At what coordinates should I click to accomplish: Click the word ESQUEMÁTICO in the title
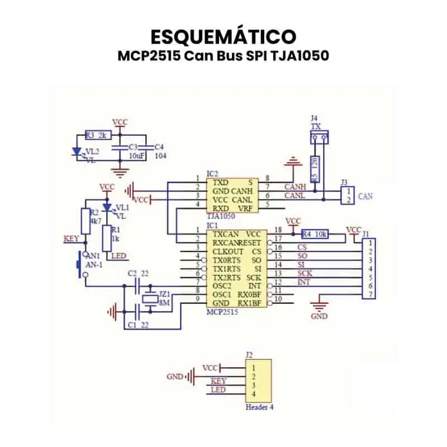coord(223,36)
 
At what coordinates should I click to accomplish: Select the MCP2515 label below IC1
coord(222,312)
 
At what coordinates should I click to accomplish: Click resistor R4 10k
coord(314,234)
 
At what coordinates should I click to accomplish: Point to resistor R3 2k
coord(98,135)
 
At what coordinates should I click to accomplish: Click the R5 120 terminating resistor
coord(316,169)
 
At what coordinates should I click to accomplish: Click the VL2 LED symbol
coord(78,151)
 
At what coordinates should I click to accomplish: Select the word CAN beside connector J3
coord(365,196)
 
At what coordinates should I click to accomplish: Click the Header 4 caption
coord(259,407)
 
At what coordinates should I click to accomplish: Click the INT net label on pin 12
coord(303,282)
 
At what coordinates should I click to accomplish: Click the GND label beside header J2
coord(175,377)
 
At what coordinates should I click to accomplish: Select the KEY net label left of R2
coord(72,239)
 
